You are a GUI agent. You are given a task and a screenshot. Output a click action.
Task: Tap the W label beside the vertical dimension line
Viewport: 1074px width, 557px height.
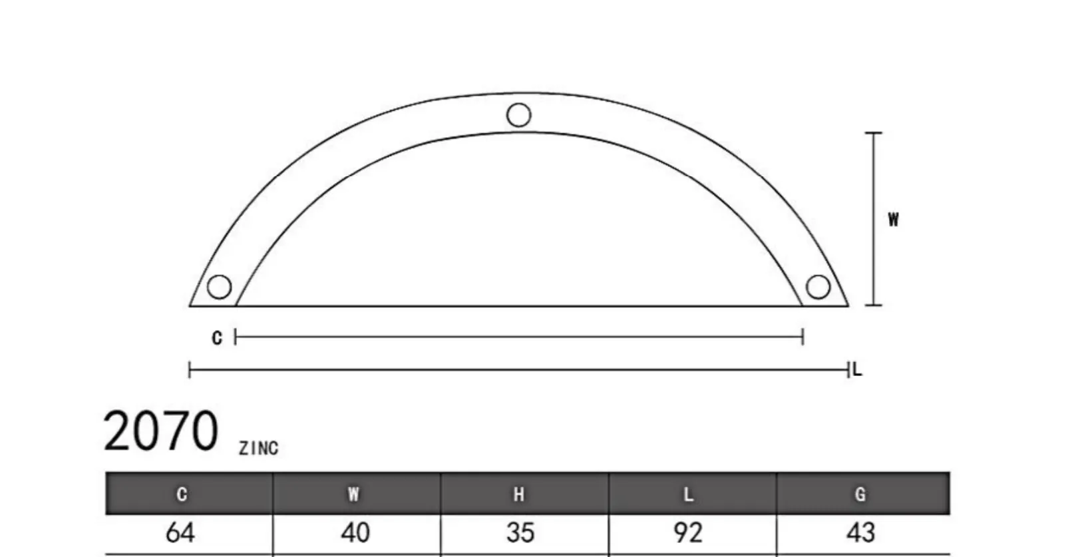[x=893, y=220]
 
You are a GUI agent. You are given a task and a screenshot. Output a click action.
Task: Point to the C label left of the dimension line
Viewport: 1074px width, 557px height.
[x=217, y=338]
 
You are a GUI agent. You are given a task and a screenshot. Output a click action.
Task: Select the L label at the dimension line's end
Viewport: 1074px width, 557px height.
[x=858, y=369]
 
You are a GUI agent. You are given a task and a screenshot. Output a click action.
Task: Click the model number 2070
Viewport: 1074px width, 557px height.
[x=160, y=431]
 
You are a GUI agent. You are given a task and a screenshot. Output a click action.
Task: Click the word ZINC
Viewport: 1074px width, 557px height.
[x=259, y=448]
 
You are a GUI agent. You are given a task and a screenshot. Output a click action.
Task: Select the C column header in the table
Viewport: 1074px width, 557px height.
[x=182, y=494]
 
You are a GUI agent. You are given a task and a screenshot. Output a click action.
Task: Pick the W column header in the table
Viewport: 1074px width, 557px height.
[x=353, y=494]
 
